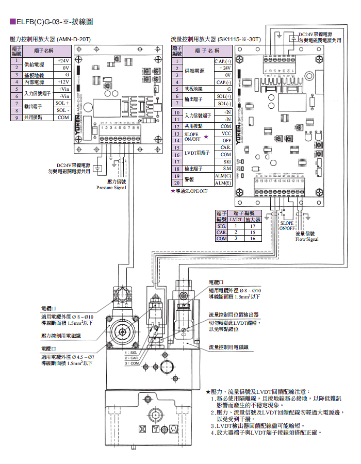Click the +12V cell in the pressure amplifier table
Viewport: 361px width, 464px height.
click(x=62, y=82)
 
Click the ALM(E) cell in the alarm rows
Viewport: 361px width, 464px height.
click(x=223, y=183)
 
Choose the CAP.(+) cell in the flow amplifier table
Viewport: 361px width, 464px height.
click(x=223, y=61)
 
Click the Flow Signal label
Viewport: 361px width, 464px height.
click(x=307, y=239)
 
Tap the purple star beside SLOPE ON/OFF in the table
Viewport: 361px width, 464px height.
click(x=206, y=137)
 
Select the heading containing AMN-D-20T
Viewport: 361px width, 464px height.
click(x=51, y=39)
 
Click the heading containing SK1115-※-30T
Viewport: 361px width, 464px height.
click(x=216, y=39)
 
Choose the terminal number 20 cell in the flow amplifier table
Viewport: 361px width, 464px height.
click(x=176, y=183)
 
